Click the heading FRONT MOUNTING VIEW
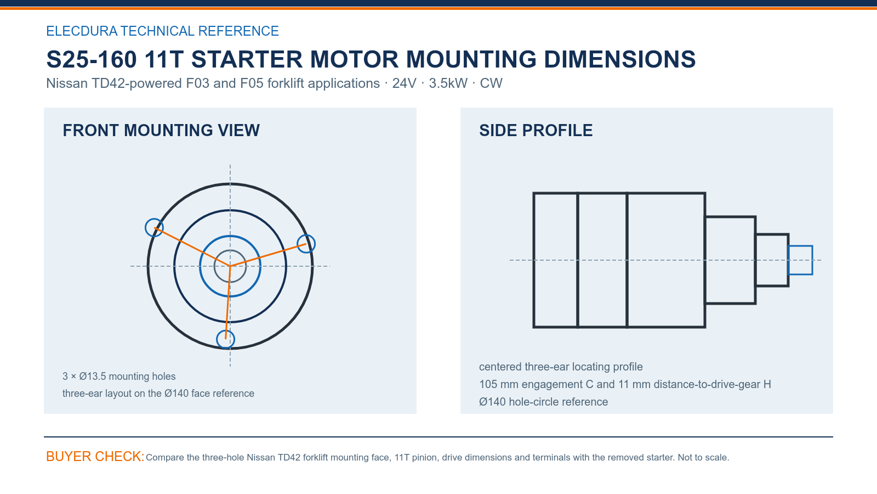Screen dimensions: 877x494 [x=161, y=131]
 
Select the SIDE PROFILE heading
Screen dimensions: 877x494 [x=536, y=131]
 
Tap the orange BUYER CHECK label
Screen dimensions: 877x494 [x=95, y=456]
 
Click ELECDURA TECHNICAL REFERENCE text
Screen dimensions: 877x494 [x=162, y=31]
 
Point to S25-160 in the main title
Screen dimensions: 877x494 [x=92, y=60]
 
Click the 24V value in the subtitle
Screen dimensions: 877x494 [x=405, y=83]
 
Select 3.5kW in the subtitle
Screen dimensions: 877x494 [x=448, y=83]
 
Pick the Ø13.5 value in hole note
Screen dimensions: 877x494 [x=93, y=377]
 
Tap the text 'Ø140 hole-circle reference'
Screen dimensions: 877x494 [x=543, y=402]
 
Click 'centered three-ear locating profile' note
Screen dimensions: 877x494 [x=561, y=367]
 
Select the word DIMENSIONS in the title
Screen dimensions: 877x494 [x=619, y=60]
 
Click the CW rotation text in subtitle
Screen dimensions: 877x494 [x=491, y=83]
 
